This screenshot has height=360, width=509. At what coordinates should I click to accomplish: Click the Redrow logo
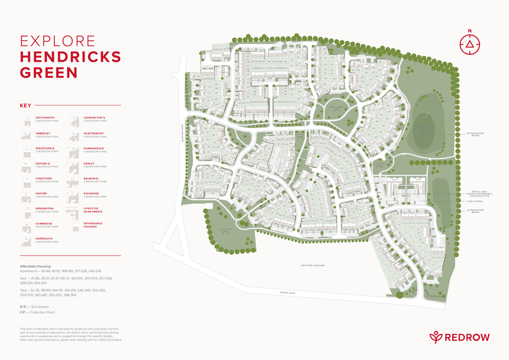click(459, 337)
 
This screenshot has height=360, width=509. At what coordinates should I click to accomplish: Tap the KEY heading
click(25, 105)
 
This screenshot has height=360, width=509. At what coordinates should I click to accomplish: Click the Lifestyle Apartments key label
click(91, 210)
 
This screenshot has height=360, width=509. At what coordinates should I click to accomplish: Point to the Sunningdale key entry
click(94, 148)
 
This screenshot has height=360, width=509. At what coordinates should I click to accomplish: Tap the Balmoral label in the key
click(91, 179)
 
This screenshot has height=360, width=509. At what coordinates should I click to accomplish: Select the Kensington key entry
click(45, 208)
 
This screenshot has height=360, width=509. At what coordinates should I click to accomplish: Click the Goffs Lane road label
click(287, 293)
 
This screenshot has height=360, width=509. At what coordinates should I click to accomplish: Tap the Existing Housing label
click(313, 266)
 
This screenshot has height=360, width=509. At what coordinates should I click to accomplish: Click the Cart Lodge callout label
click(474, 201)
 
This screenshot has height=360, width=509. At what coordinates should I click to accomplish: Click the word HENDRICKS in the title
click(70, 57)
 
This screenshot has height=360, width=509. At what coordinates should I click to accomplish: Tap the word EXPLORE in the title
click(57, 41)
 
